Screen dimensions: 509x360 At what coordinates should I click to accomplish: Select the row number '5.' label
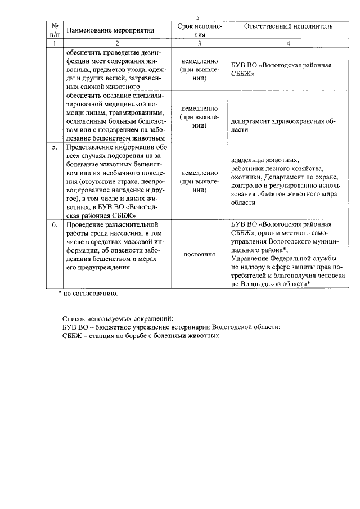pos(55,147)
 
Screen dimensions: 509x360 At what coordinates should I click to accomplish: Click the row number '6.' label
pos(55,225)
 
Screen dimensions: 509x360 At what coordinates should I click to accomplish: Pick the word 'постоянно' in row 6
pos(199,255)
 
